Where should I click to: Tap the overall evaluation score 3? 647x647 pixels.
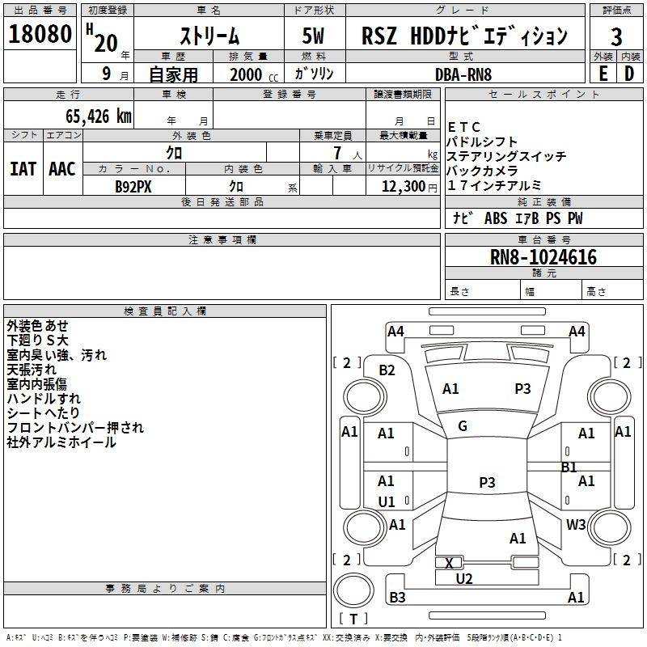coord(616,37)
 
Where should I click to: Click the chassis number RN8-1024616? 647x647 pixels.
coord(543,257)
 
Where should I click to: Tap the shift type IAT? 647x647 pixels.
coord(23,169)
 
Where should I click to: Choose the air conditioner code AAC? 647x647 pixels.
coord(62,169)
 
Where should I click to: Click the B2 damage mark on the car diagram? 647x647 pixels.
coord(387,370)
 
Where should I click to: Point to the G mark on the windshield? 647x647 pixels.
coord(463,426)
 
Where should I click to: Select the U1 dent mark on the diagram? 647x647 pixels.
coord(387,501)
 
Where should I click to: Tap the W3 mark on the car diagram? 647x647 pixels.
coord(576,524)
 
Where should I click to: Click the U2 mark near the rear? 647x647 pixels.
coord(464,578)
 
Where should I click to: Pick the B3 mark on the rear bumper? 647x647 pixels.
coord(397,598)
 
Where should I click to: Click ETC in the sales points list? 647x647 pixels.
coord(464,128)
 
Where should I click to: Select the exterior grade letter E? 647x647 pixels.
coord(603,74)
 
